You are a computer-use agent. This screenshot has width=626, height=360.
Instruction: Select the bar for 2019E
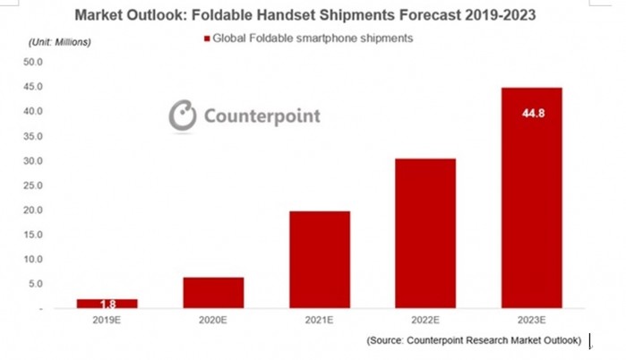point(107,304)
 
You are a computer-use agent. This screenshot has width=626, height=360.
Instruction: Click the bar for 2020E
point(213,293)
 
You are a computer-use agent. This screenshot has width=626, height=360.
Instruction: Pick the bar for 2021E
point(320,260)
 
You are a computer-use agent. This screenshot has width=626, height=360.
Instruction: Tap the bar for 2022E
point(425,233)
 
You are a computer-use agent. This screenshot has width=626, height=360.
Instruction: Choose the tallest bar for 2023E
point(532,198)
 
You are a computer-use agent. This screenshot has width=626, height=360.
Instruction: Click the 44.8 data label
point(534,114)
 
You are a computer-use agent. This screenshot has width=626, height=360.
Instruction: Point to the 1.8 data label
point(107,304)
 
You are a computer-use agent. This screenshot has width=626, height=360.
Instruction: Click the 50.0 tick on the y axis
point(33,62)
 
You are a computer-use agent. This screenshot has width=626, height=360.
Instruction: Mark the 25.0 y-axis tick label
point(33,185)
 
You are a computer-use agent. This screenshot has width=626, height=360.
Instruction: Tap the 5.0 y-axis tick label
point(35,284)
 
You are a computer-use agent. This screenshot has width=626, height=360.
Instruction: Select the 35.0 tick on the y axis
point(33,136)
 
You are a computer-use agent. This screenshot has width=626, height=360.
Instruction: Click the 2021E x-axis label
point(319,320)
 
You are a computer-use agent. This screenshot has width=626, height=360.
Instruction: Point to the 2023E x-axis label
point(531,320)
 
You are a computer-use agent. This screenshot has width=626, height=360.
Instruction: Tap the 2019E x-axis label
point(107,320)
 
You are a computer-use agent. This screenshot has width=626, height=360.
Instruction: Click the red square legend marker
point(207,39)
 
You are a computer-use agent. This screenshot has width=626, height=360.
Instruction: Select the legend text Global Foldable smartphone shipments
point(313,39)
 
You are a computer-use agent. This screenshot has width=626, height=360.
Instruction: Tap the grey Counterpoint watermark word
point(262,116)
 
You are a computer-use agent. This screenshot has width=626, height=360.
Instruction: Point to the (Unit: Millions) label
point(60,42)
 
